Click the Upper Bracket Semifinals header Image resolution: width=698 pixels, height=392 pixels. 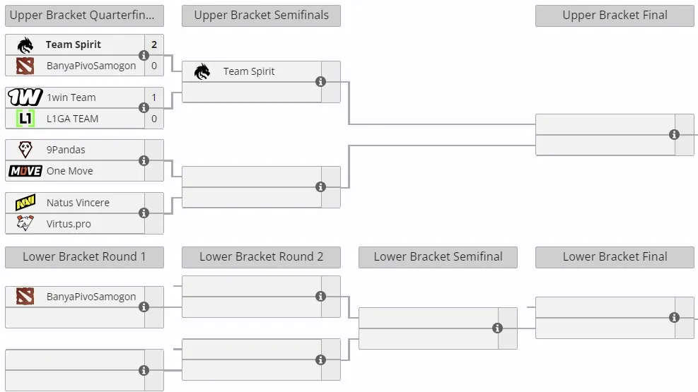click(x=261, y=16)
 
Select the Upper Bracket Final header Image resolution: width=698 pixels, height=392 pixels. click(x=615, y=16)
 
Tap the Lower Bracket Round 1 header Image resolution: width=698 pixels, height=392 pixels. click(x=85, y=257)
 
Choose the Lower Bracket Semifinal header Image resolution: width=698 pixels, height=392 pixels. click(x=438, y=257)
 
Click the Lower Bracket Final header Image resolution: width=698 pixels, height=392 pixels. click(x=615, y=257)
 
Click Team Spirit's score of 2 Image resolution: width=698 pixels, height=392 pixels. click(x=154, y=44)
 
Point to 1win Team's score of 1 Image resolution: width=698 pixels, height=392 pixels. click(x=154, y=97)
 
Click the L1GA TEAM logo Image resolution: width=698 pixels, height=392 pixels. click(x=25, y=118)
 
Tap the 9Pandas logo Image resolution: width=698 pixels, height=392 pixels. click(x=25, y=149)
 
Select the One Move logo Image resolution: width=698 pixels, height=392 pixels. click(x=25, y=171)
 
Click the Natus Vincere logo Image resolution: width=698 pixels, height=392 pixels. click(x=25, y=202)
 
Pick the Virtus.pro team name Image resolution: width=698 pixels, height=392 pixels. click(x=69, y=224)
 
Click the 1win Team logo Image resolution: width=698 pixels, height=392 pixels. click(x=25, y=97)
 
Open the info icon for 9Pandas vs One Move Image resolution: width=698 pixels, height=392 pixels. click(x=144, y=160)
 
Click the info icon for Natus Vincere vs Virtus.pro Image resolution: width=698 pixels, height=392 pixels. click(x=144, y=213)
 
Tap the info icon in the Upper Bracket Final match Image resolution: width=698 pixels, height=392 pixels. click(x=675, y=134)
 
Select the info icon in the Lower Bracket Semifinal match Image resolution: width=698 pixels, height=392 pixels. click(x=498, y=328)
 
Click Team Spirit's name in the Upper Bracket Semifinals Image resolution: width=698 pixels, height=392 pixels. click(x=249, y=71)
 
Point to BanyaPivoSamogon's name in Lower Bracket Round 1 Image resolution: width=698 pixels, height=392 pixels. click(x=91, y=297)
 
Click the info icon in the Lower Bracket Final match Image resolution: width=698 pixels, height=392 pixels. click(x=675, y=317)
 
